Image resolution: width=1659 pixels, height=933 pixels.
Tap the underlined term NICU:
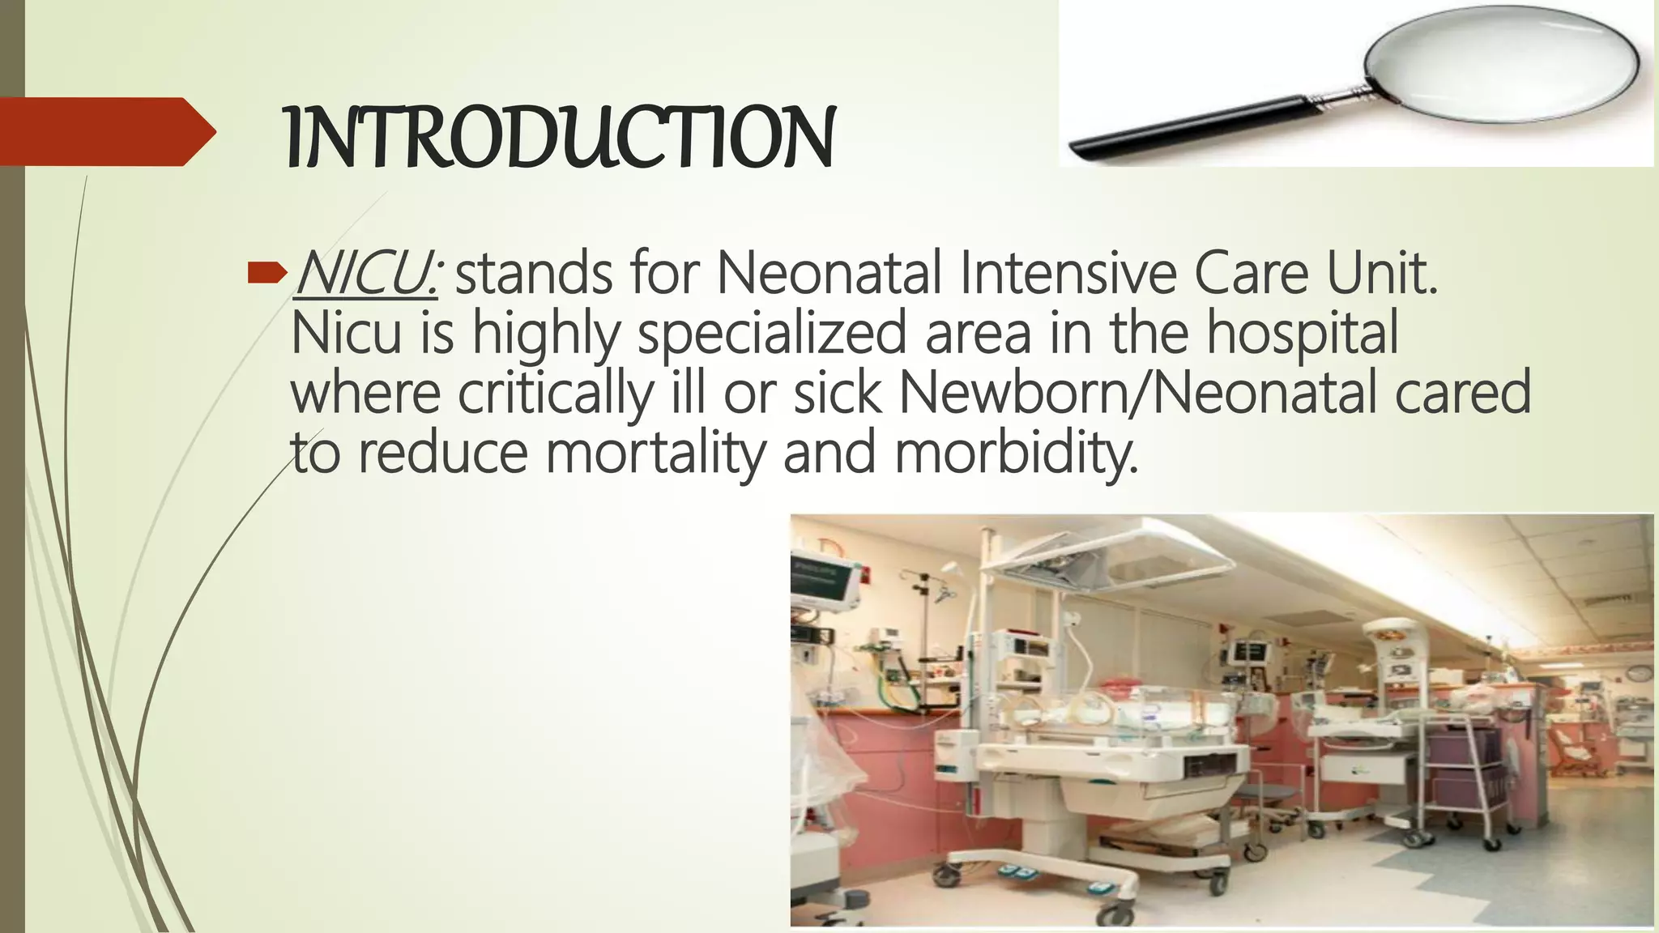367,274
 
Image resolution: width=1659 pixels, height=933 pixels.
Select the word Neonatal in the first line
828,274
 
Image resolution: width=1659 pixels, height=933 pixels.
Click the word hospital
1303,334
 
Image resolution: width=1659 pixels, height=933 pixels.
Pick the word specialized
771,334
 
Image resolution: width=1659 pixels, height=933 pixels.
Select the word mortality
655,452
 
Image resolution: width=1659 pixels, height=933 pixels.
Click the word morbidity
1016,452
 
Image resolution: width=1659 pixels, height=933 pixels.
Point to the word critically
555,393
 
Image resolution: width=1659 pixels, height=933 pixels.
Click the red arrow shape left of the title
105,131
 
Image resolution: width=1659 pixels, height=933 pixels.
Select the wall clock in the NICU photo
1637,673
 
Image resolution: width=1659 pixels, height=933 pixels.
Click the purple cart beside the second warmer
1458,761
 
